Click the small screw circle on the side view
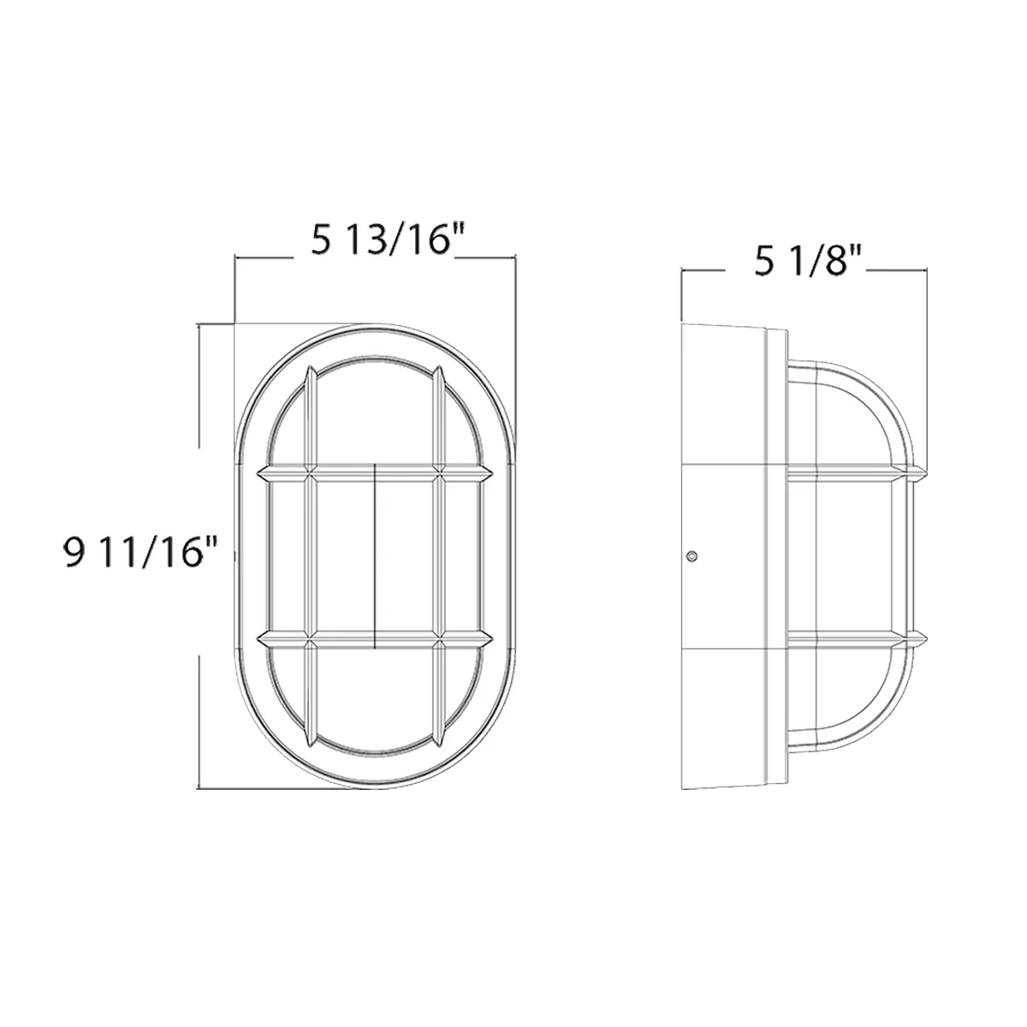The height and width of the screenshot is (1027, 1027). (692, 557)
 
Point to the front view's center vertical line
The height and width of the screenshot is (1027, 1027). (376, 556)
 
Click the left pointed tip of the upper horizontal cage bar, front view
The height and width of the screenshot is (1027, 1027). (258, 472)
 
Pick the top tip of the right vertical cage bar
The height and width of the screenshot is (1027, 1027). (439, 370)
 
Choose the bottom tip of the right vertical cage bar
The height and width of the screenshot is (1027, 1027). (439, 741)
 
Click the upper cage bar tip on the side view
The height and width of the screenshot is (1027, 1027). (923, 472)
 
